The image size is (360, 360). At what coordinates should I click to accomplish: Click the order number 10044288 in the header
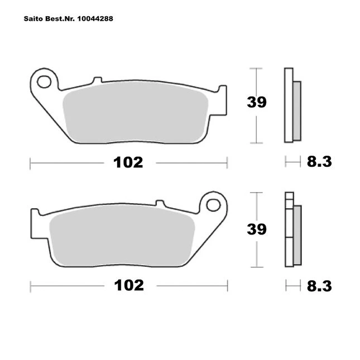click(95, 18)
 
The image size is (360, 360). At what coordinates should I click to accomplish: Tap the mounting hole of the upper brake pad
click(44, 81)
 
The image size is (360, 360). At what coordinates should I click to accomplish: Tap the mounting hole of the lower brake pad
click(213, 205)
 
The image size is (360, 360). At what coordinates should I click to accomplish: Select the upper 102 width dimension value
click(128, 162)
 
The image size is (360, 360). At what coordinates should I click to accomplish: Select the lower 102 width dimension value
click(129, 285)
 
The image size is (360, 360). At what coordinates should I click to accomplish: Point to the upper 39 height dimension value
click(257, 102)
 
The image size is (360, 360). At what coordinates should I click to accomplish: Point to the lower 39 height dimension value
click(257, 229)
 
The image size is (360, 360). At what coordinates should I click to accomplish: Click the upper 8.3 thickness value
click(319, 162)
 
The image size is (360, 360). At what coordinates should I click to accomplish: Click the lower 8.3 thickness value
click(319, 286)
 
